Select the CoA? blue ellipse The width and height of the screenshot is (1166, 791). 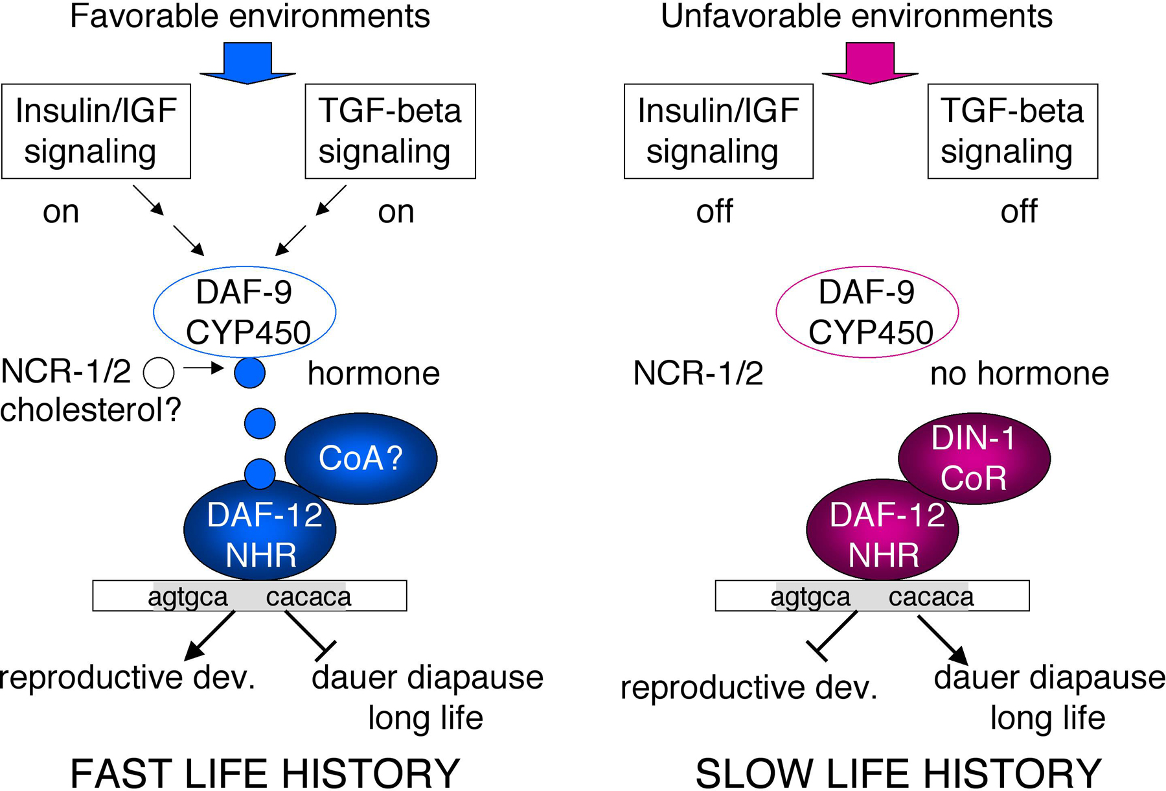pos(361,458)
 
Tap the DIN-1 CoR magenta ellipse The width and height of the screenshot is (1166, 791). pos(974,458)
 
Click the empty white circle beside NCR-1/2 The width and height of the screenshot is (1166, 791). pos(159,373)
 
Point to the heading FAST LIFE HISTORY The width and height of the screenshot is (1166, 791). pos(265,773)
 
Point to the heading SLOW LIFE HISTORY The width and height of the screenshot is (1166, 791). pos(898,773)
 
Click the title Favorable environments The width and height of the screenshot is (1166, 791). pos(250,16)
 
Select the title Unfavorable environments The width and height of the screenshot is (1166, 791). pos(856,16)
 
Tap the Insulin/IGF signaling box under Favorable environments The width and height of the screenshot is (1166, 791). pos(97,131)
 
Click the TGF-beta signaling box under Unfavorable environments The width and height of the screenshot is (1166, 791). pos(1012,131)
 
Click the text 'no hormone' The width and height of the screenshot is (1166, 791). pos(1020,373)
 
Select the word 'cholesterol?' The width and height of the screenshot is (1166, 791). pos(91,410)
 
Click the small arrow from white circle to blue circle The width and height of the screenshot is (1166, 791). pos(203,369)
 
